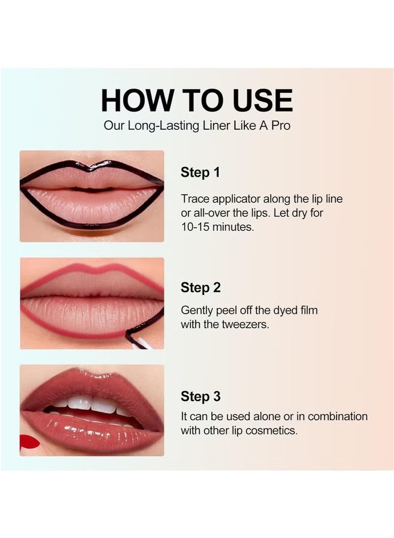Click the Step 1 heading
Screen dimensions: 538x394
click(x=200, y=172)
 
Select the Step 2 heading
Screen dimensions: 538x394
click(x=200, y=287)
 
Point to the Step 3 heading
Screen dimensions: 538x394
click(x=200, y=397)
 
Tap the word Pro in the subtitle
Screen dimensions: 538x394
click(x=279, y=126)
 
